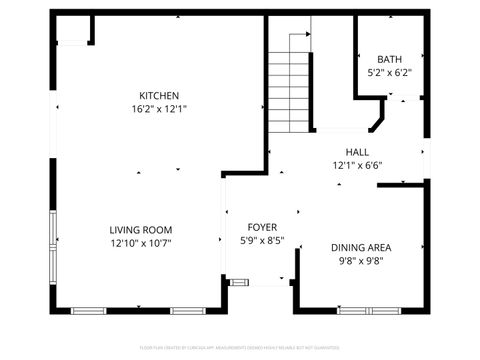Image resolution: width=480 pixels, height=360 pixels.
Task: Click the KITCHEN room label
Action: click(160, 95)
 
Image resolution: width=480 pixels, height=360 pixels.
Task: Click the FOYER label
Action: click(264, 227)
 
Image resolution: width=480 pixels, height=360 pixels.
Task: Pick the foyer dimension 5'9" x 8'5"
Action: click(264, 240)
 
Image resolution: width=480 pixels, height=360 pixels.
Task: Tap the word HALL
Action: click(357, 152)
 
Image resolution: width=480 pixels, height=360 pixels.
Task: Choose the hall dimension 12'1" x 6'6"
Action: click(357, 165)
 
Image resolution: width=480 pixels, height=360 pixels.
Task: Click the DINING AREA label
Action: click(360, 247)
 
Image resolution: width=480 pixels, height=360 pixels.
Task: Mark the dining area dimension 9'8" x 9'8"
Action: click(360, 260)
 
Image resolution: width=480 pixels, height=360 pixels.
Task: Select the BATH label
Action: click(389, 59)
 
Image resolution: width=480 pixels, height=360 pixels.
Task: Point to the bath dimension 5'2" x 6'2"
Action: click(389, 72)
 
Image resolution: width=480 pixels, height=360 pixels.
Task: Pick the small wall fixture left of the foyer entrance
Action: click(238, 283)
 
